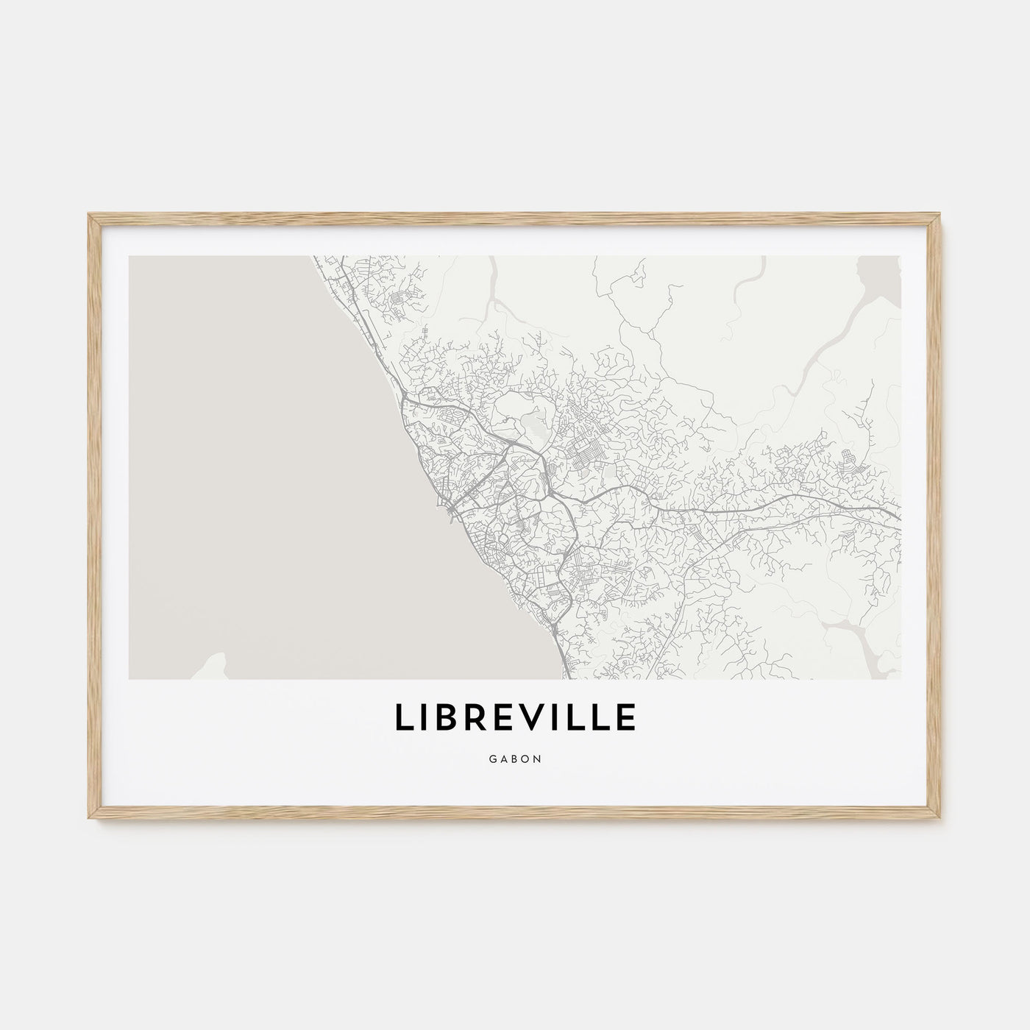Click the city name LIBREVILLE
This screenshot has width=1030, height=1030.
pos(515,719)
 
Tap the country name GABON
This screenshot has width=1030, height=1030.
pos(515,759)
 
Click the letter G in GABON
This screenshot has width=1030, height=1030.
pos(491,759)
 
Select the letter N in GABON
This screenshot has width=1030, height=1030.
pos(538,759)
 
